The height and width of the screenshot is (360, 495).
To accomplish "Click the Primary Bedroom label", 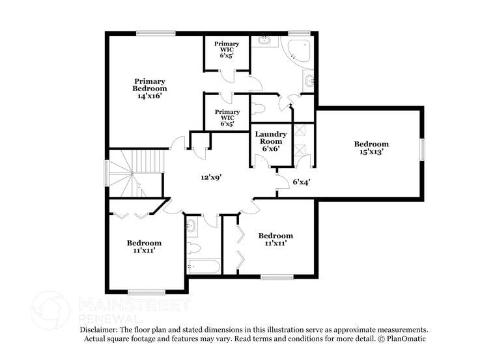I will point(149,85).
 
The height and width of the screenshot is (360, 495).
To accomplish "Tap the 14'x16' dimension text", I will point(149,96).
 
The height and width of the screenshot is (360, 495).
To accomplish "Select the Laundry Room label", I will point(271,137).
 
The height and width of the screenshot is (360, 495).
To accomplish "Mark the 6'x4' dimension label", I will point(300,182).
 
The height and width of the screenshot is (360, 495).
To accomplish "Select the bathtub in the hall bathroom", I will point(203,266).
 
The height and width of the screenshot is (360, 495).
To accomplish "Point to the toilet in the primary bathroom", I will point(259,107).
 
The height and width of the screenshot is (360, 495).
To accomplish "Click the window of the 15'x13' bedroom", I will point(422,149).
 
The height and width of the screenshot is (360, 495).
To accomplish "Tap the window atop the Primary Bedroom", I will point(156,33).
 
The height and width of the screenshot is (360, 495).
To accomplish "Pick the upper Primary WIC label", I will point(227,49).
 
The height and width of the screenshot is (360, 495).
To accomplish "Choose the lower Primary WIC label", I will point(227,117).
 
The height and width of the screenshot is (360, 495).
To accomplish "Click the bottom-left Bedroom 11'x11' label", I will point(144,246).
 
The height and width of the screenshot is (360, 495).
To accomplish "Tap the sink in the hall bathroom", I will point(191,227).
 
